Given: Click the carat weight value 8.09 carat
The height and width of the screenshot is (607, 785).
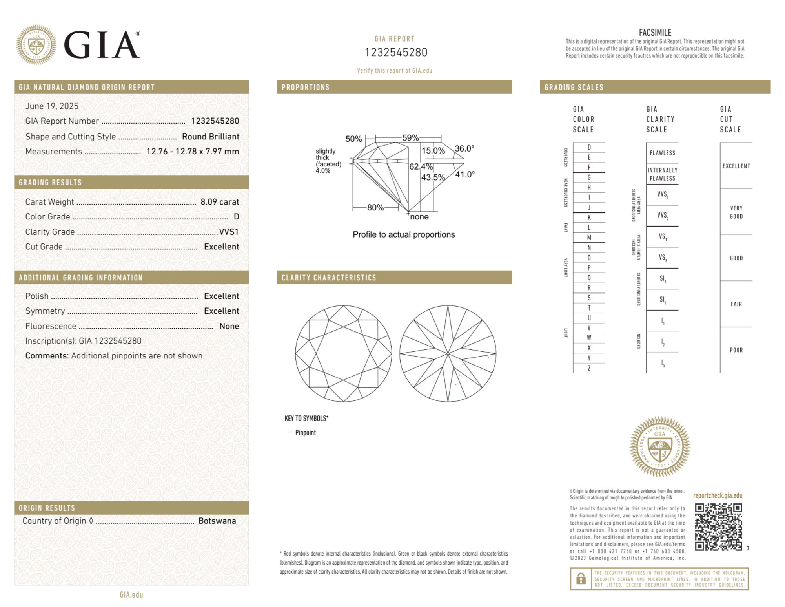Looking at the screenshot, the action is pos(220,202).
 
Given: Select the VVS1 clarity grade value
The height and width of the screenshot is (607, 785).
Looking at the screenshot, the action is pos(229,232).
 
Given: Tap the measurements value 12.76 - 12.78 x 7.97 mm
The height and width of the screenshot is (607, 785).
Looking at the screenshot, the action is pos(193,152).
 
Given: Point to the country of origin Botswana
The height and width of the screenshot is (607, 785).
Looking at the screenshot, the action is pos(217,521).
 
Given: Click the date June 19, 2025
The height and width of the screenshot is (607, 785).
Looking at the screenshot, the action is pos(52,106).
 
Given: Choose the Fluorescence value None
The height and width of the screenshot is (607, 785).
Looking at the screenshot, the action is pos(229,326).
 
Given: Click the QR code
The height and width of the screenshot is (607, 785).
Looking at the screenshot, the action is pos(718,527).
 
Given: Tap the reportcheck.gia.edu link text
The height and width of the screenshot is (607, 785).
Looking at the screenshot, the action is pos(718,495).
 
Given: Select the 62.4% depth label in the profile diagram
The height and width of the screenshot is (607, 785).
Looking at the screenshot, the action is pos(421,167).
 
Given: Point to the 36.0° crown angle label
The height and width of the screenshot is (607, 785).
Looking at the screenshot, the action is pos(464,149).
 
